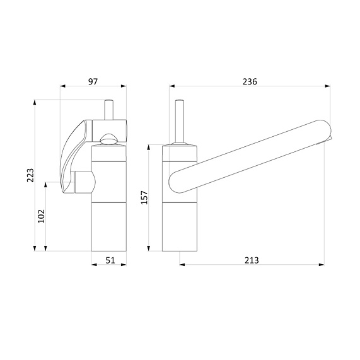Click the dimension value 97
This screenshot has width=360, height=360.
pos(93,81)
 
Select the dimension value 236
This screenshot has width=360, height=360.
pos(250,81)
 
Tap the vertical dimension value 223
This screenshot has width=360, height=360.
pos(30,175)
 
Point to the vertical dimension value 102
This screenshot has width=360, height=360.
pos(42,216)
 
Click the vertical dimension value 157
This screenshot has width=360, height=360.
pos(144,198)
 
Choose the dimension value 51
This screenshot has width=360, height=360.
pos(109,260)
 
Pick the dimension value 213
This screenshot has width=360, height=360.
pos(252,260)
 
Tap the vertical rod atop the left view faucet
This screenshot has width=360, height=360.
pos(109,108)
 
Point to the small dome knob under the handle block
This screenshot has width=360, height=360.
pos(109,139)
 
